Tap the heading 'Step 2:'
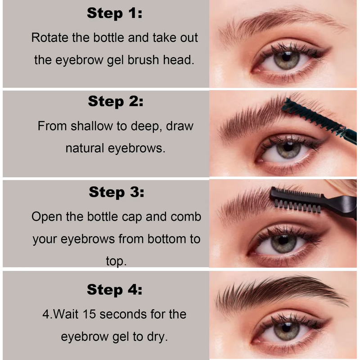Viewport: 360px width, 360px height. pos(115,102)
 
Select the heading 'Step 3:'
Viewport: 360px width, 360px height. pos(117,193)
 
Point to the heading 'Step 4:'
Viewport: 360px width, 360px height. pos(114,289)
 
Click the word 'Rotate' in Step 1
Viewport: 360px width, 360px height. pos(50,38)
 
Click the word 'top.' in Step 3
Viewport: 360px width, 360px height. pos(116,261)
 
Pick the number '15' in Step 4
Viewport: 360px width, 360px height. pos(90,314)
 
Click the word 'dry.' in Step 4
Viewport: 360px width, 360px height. pos(158,336)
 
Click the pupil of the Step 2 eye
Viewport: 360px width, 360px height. pos(288,149)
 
